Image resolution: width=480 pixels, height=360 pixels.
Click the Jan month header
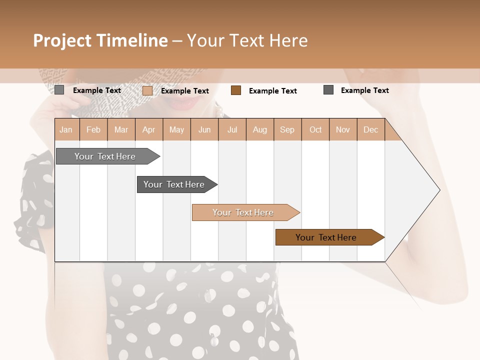click(66, 130)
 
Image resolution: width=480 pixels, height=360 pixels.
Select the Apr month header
click(149, 130)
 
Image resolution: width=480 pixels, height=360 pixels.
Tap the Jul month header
click(232, 130)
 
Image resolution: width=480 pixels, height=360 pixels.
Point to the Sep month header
click(287, 130)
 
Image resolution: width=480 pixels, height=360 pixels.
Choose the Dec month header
click(370, 130)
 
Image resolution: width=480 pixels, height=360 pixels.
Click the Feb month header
click(93, 130)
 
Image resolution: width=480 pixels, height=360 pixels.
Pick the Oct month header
click(315, 130)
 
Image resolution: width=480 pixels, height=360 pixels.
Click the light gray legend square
click(59, 90)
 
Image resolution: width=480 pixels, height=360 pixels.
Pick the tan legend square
click(147, 90)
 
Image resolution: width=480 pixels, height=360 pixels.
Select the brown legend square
click(236, 90)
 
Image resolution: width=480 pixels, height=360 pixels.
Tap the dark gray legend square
click(328, 90)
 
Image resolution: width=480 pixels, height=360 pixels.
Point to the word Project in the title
click(62, 40)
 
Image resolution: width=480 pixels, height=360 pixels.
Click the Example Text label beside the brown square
click(272, 91)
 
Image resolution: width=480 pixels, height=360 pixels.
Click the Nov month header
click(343, 130)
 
